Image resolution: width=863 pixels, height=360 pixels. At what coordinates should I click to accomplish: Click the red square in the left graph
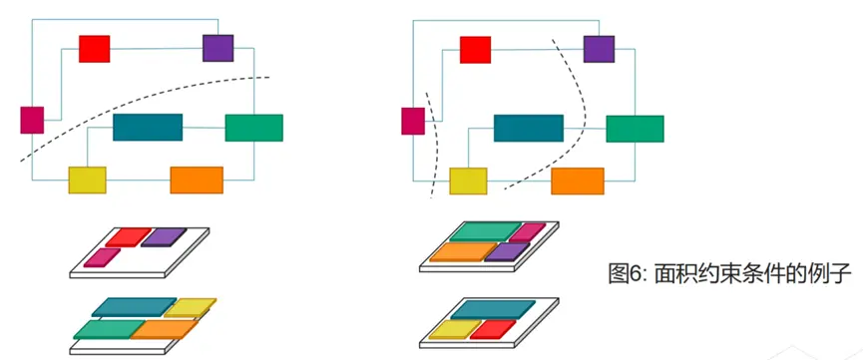94,49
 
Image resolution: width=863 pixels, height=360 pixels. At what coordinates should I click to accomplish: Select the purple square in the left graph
217,48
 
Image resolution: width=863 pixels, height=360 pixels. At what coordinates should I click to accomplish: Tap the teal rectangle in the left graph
148,128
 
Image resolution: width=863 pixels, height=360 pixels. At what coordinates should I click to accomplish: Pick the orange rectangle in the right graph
578,181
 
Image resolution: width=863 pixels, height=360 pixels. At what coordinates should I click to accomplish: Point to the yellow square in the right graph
468,181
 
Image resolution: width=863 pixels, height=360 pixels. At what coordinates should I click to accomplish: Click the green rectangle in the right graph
636,129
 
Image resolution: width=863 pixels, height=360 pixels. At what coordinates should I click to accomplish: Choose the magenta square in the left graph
32,120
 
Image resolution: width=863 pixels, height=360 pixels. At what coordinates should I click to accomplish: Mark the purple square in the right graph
599,49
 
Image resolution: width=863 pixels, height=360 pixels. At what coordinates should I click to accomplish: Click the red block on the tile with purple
129,237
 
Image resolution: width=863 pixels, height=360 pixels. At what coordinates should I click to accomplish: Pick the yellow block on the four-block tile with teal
191,308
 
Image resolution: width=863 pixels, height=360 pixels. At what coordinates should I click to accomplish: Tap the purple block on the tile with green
507,251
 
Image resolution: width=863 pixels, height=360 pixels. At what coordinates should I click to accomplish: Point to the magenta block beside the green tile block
527,232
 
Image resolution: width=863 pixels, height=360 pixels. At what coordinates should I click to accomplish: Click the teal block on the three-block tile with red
493,310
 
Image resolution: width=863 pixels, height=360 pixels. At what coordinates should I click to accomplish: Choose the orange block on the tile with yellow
164,330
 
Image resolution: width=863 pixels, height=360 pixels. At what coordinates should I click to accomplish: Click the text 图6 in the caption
626,273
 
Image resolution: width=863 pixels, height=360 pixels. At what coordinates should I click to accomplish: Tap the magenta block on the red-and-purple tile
102,257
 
